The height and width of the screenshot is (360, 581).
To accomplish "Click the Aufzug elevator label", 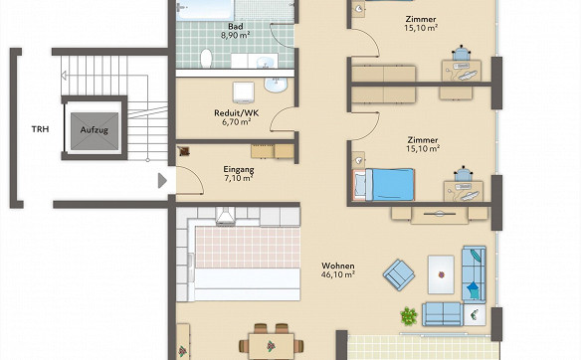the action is pyautogui.click(x=95, y=130).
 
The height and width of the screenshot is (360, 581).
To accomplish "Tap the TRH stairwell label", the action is pyautogui.click(x=40, y=129).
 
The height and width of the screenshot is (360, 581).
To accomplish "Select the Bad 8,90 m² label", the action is pyautogui.click(x=236, y=31).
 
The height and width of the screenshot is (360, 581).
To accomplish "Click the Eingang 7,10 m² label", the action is pyautogui.click(x=239, y=174).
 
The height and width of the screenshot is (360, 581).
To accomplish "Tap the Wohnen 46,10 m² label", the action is pyautogui.click(x=338, y=270).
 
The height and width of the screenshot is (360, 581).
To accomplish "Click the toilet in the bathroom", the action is pyautogui.click(x=206, y=58).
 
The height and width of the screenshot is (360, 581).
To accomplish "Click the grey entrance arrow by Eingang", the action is pyautogui.click(x=162, y=181).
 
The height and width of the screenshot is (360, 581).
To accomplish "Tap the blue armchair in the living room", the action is pyautogui.click(x=398, y=274).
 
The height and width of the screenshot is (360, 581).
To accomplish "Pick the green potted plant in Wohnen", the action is pyautogui.click(x=409, y=316).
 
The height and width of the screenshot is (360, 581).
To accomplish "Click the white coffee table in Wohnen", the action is pyautogui.click(x=441, y=274).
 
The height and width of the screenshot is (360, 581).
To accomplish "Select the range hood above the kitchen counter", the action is pyautogui.click(x=225, y=216).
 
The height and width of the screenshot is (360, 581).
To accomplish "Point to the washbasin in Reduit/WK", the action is pyautogui.click(x=276, y=85).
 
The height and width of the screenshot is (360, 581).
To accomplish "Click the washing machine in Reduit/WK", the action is pyautogui.click(x=244, y=92).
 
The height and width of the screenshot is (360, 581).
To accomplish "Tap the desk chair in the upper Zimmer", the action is pyautogui.click(x=461, y=53).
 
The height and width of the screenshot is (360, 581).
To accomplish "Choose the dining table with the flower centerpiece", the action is pyautogui.click(x=271, y=346).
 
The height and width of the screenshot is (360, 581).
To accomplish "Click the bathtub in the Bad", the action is pyautogui.click(x=205, y=10).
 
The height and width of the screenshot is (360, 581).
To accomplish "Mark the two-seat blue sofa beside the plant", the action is pyautogui.click(x=443, y=314).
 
